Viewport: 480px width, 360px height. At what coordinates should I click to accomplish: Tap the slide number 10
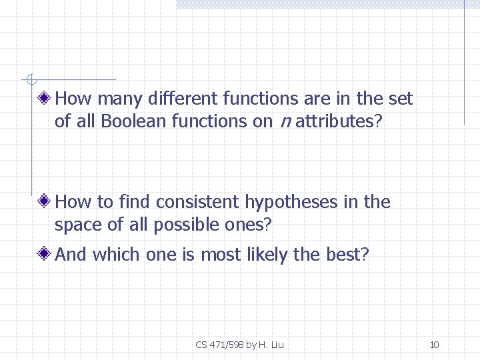(434, 345)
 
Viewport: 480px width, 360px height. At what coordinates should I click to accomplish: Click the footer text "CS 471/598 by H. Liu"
(240, 345)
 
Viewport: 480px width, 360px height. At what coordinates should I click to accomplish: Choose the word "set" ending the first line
(400, 99)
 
